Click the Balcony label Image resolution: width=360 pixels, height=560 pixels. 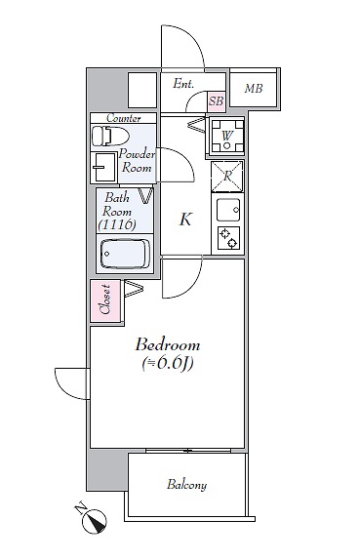click(186, 485)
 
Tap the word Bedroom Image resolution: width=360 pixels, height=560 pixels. click(168, 345)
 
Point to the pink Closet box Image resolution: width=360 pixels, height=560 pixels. click(105, 300)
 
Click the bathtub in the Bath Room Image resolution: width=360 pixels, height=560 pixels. click(125, 254)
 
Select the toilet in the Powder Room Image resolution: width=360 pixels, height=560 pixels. click(110, 136)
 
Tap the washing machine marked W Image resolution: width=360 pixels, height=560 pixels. click(226, 136)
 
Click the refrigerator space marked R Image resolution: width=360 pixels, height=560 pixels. click(227, 176)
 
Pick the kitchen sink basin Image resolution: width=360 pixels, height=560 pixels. click(228, 210)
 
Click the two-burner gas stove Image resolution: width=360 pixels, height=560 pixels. click(228, 238)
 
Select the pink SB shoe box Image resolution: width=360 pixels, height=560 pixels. click(217, 100)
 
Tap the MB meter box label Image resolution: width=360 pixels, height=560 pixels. click(254, 88)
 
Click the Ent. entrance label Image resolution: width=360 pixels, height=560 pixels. click(183, 84)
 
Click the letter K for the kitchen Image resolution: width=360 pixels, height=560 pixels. click(185, 220)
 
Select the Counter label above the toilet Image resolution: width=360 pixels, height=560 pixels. click(124, 118)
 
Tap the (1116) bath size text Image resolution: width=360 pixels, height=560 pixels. click(117, 225)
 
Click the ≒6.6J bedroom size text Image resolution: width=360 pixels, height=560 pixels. click(168, 364)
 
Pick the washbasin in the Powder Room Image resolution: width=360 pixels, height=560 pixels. click(103, 167)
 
